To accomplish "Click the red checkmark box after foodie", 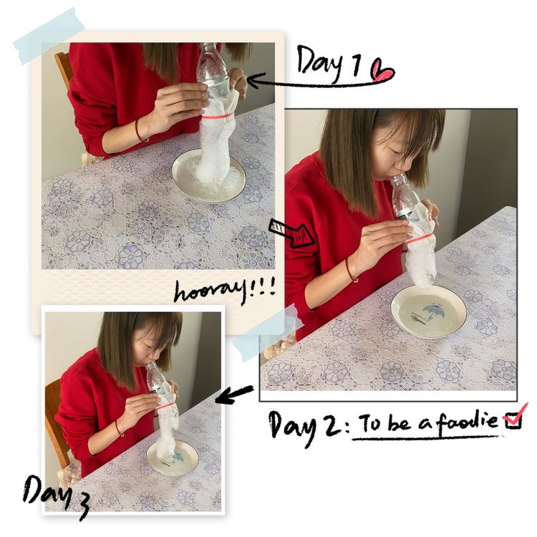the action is coord(514,418).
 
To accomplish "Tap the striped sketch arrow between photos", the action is coord(292,233).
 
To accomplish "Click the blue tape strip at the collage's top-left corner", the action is coord(49,37).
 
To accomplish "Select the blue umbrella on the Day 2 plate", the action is coord(432,311).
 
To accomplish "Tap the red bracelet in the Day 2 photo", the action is coord(350,271).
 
